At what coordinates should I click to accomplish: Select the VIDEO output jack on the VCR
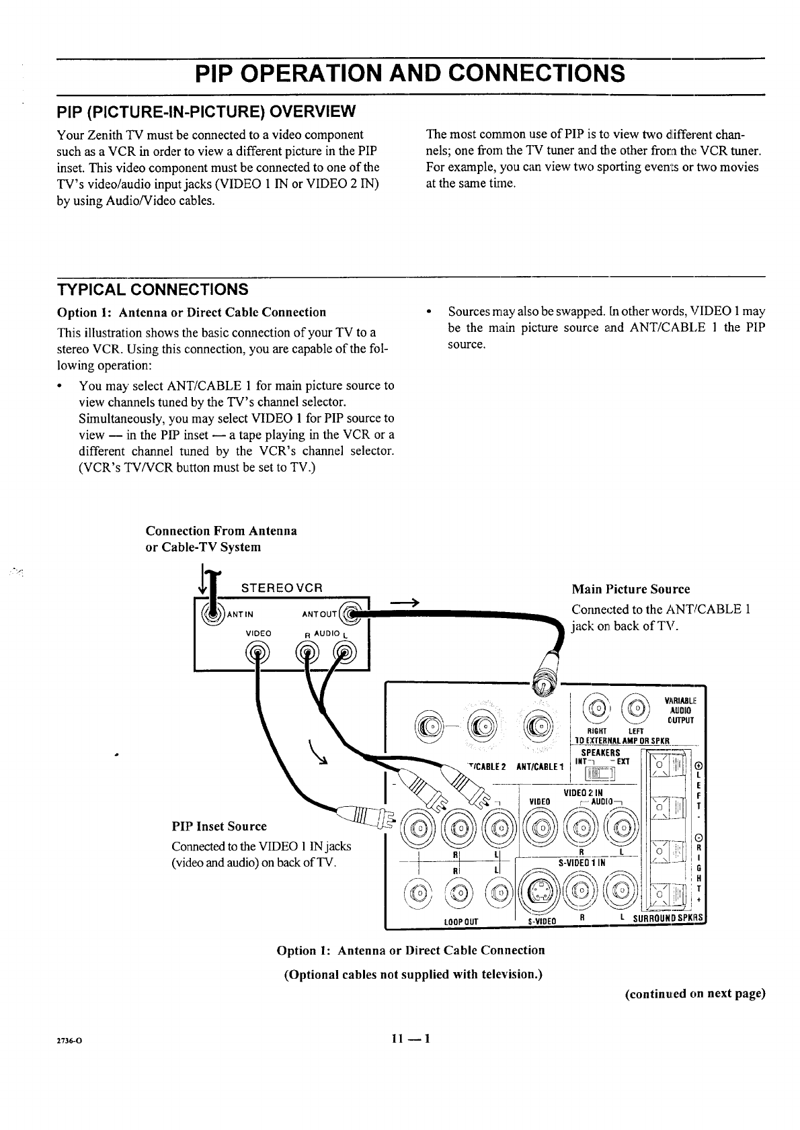(259, 652)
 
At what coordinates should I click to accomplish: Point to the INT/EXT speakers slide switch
(600, 775)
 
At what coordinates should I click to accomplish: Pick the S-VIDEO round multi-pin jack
(540, 891)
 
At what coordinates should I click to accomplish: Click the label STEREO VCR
(282, 587)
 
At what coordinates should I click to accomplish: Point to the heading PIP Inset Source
(219, 826)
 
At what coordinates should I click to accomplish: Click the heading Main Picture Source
(630, 589)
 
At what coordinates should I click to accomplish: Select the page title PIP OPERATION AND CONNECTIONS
(409, 73)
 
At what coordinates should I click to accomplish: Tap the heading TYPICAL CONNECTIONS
(153, 290)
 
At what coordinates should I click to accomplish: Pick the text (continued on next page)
(694, 994)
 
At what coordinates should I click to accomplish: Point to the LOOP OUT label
(461, 922)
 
